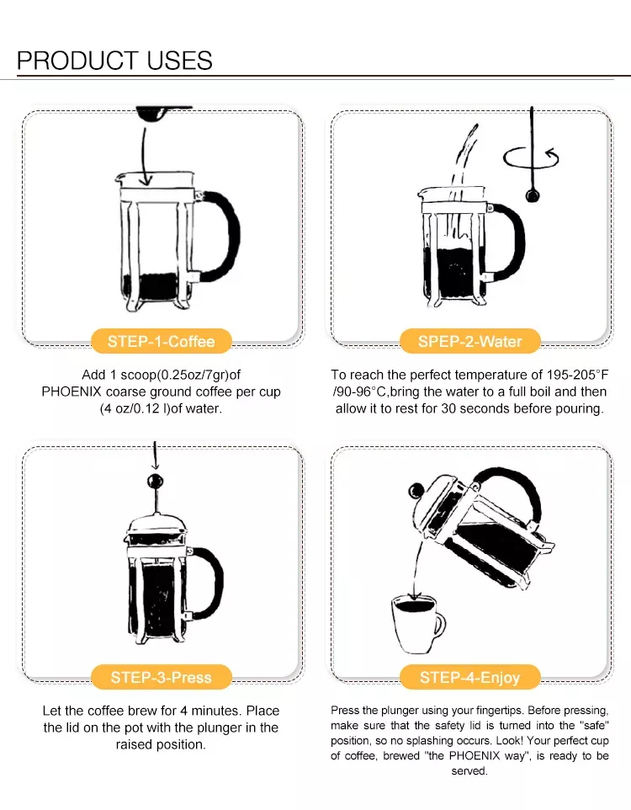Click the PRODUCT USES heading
click(114, 61)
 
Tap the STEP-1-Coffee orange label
click(161, 342)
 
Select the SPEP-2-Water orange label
click(470, 342)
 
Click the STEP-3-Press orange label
click(161, 677)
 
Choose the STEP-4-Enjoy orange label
click(470, 677)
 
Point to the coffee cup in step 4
click(417, 624)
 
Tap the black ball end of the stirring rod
click(533, 196)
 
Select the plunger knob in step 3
click(155, 482)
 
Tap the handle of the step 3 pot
click(216, 583)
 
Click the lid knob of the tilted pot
click(416, 490)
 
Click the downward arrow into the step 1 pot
click(146, 156)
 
